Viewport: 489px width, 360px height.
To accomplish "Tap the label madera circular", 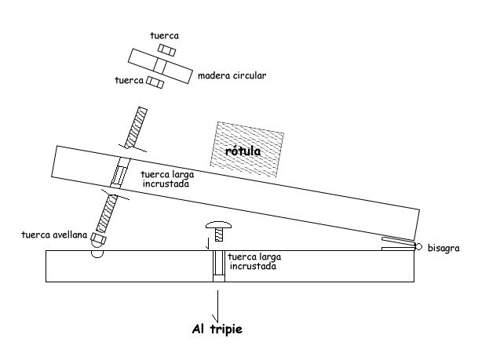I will pyautogui.click(x=232, y=76).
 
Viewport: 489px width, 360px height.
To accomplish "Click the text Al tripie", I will pyautogui.click(x=217, y=329).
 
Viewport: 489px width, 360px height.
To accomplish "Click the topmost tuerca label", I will pyautogui.click(x=164, y=35).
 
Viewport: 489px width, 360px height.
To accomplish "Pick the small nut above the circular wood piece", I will pyautogui.click(x=164, y=49).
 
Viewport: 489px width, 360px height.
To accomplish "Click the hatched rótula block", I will pyautogui.click(x=246, y=149).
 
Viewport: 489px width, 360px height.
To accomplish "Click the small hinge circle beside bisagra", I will pyautogui.click(x=419, y=247).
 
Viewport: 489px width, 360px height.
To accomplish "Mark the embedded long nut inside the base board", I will pyautogui.click(x=219, y=267).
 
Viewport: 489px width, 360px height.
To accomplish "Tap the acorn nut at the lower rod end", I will pyautogui.click(x=98, y=238).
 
